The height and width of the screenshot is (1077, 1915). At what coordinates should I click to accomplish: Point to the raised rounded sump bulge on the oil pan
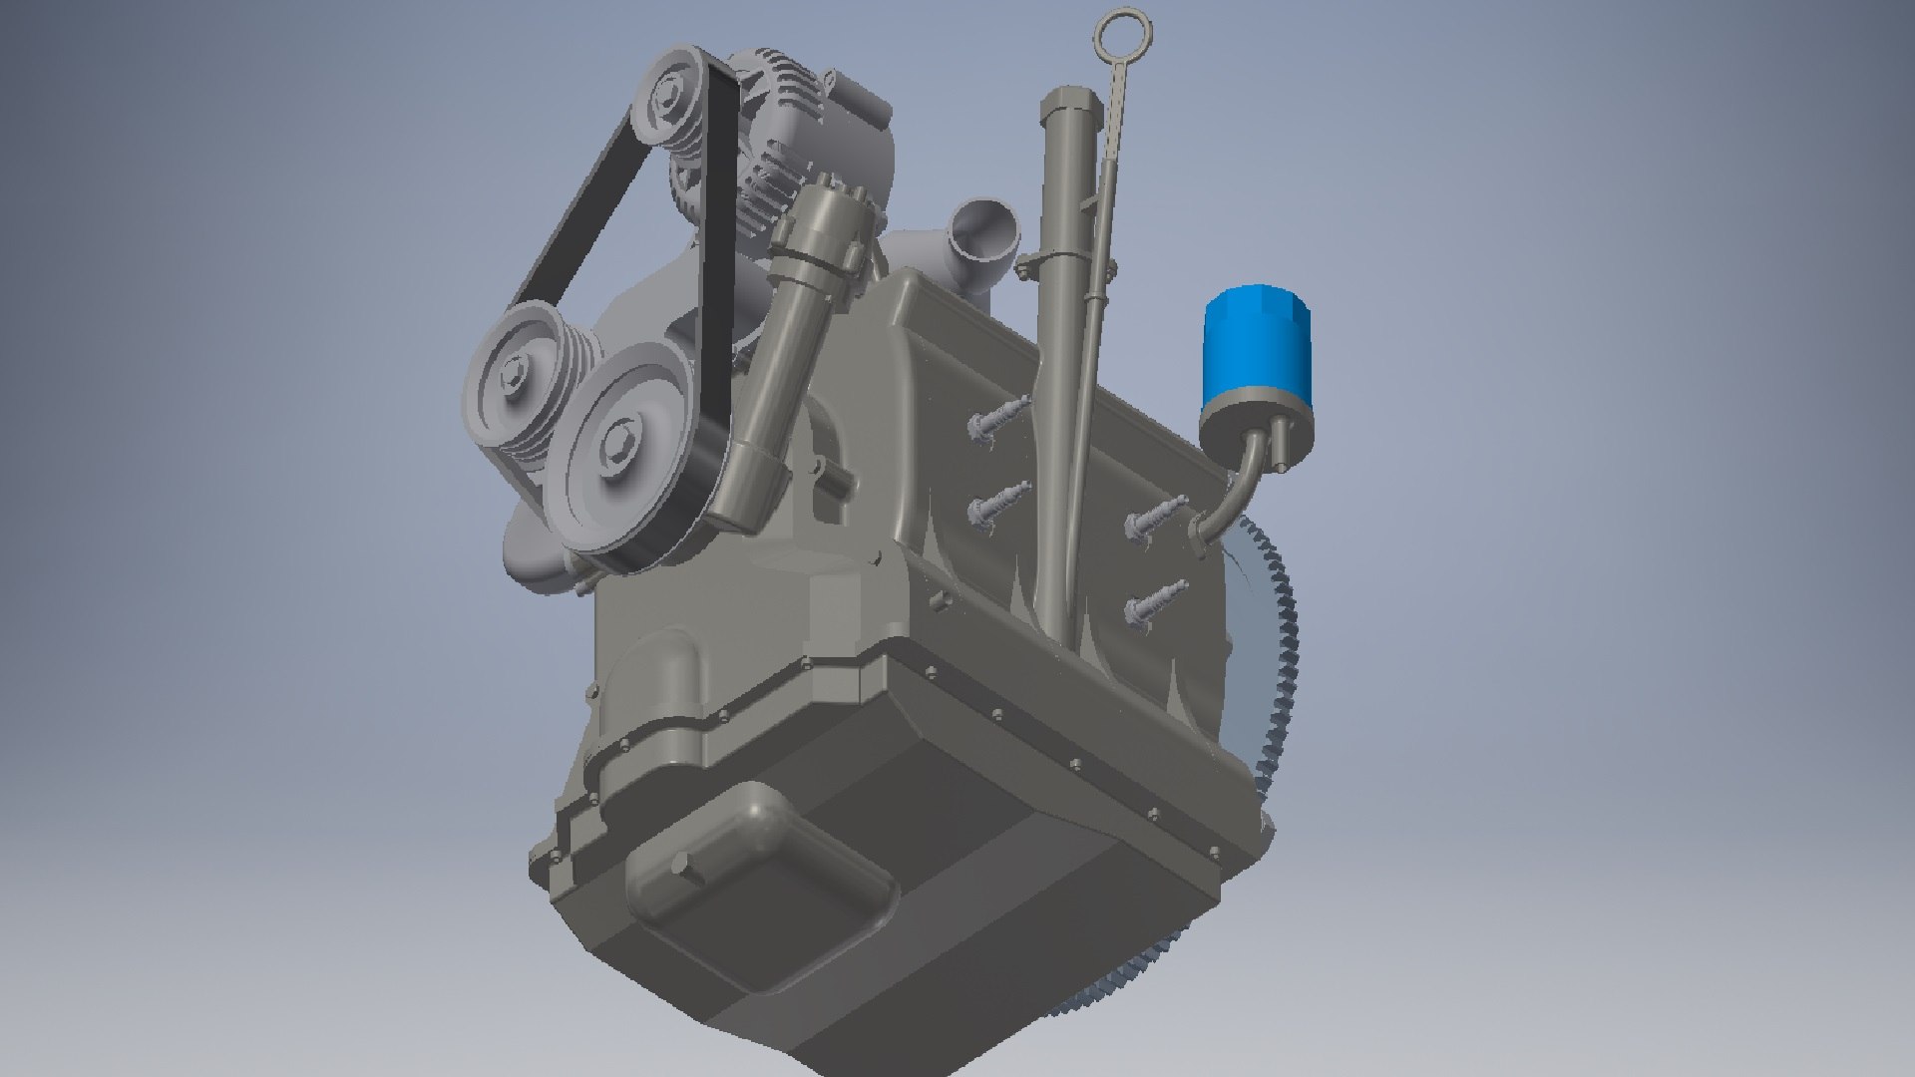(758, 878)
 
